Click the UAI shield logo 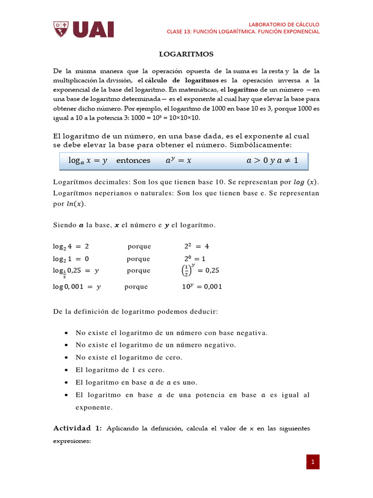61,29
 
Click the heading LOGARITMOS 186,54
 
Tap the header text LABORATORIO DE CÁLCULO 284,24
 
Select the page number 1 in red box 313,462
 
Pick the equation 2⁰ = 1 195,259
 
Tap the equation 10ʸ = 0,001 202,287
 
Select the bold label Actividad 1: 77,428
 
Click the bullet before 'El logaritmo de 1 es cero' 66,370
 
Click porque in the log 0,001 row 136,287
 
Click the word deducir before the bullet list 204,312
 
